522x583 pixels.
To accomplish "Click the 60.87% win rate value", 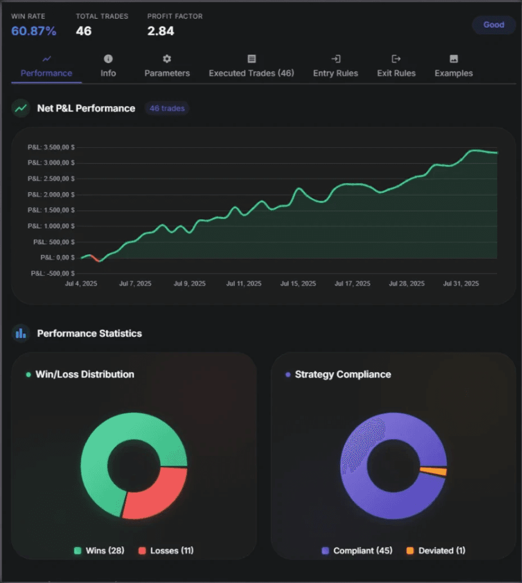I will pos(34,31).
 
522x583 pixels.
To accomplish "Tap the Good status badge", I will pos(493,25).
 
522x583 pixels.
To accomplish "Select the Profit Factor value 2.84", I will pos(161,31).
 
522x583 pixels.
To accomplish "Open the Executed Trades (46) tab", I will pos(251,73).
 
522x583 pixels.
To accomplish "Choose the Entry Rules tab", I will pos(335,73).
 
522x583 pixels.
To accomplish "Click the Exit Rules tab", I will pos(396,73).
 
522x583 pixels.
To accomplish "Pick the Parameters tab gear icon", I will pos(167,59).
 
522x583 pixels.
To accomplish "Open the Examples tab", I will pos(453,73).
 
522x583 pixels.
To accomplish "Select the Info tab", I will pos(108,73).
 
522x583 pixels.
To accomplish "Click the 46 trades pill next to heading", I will pos(167,108).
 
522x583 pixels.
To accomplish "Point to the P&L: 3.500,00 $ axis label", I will pos(51,147).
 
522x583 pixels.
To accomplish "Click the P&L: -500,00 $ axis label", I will pos(53,273).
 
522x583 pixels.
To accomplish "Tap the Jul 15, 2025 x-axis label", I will pos(298,284).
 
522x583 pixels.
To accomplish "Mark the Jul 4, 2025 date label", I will pos(81,284).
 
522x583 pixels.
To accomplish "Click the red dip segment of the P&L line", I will pos(95,259).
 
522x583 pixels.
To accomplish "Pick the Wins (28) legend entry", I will pos(99,550).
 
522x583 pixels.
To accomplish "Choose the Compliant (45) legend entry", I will pos(357,550).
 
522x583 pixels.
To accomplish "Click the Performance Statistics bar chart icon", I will pos(21,333).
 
